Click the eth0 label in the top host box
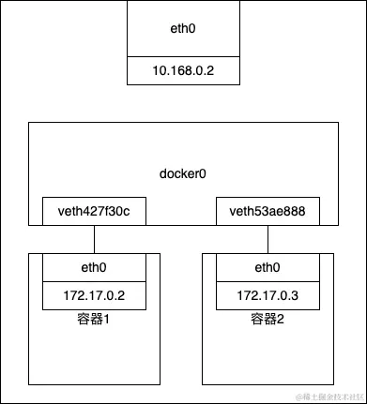click(x=182, y=29)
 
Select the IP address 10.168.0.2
click(x=182, y=71)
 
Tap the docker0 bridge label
click(x=182, y=175)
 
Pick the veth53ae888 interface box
click(x=268, y=212)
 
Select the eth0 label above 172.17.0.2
click(x=94, y=268)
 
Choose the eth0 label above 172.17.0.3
click(x=268, y=268)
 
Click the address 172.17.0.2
click(x=94, y=296)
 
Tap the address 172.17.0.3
click(x=268, y=296)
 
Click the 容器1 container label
click(x=94, y=321)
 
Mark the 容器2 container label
click(x=268, y=321)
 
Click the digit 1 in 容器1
click(x=107, y=321)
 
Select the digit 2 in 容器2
click(x=281, y=321)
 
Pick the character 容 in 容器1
click(x=83, y=321)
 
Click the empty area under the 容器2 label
click(x=268, y=356)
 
